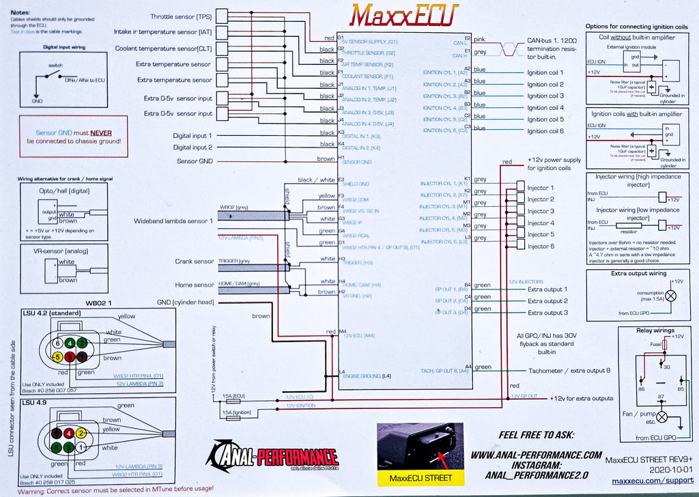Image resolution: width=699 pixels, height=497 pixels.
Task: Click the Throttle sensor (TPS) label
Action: click(x=182, y=16)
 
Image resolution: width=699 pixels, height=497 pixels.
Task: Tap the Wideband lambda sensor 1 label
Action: click(x=173, y=221)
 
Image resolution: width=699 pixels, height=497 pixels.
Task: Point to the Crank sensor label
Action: click(x=195, y=261)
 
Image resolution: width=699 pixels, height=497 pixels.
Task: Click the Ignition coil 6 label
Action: click(x=545, y=130)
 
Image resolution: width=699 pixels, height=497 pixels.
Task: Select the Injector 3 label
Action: click(x=541, y=211)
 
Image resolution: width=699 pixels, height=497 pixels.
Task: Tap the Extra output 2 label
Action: click(x=547, y=300)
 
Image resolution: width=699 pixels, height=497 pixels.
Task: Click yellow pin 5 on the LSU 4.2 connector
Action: click(x=59, y=356)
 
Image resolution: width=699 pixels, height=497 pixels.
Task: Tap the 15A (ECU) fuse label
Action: click(x=234, y=396)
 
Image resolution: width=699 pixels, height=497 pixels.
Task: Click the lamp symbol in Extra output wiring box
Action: click(x=672, y=295)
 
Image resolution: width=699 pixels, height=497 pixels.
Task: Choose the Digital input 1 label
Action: click(x=192, y=136)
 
